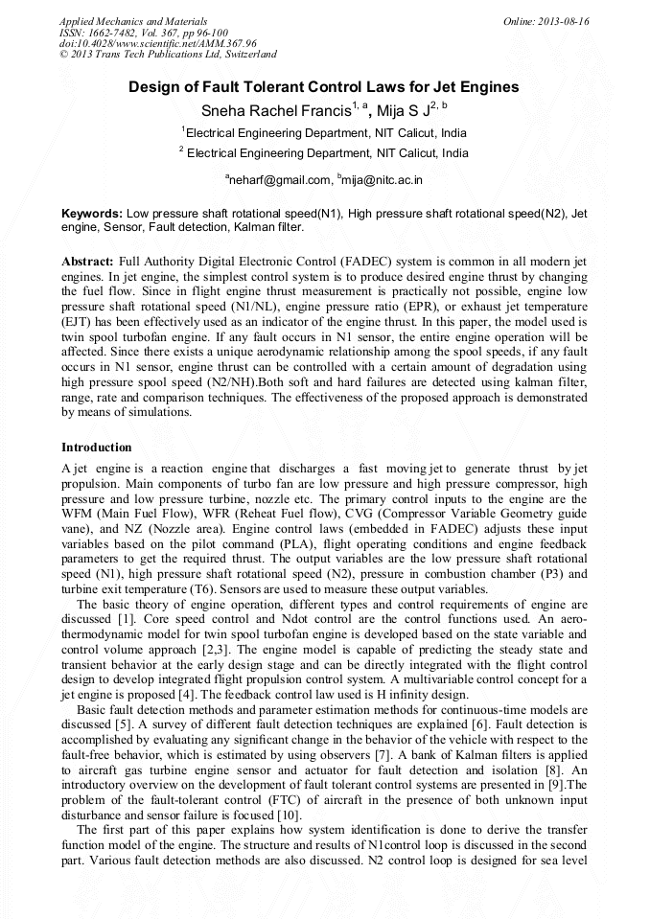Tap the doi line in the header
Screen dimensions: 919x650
(x=144, y=44)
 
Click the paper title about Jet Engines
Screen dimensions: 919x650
(x=324, y=87)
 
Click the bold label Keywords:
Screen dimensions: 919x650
(x=92, y=214)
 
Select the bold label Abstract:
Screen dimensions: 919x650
(x=87, y=262)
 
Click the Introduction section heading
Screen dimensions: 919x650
(x=97, y=448)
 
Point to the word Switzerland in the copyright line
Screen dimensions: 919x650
(x=246, y=56)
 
